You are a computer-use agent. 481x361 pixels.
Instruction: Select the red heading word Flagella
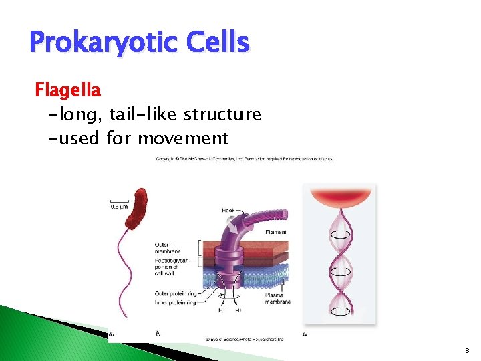[67, 89]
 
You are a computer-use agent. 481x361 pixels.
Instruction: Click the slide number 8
[467, 350]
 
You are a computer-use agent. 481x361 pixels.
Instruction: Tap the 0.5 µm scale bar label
[118, 206]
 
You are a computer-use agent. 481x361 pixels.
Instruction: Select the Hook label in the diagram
[229, 210]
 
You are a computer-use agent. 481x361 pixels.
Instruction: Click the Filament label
[275, 232]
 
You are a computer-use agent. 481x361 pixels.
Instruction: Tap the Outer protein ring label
[175, 293]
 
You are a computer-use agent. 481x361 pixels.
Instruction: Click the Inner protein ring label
[174, 302]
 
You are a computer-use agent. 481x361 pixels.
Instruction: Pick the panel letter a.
[111, 332]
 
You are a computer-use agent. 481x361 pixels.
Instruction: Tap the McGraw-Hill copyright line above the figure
[244, 159]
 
